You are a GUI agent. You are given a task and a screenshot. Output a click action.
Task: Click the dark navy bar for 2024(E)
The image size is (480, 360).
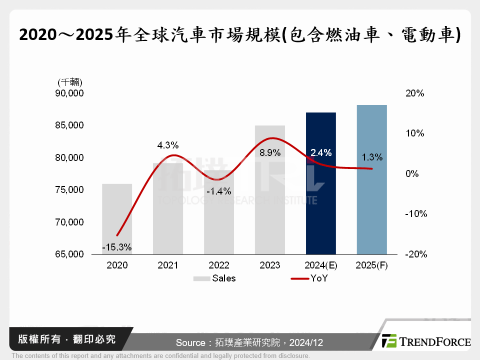[x=320, y=210]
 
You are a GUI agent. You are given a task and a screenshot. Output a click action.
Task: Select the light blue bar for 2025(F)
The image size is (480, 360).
[x=371, y=210]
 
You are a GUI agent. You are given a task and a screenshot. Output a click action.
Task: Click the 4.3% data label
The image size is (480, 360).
[x=167, y=145]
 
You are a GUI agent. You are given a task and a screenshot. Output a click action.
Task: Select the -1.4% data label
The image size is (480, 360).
[x=218, y=191]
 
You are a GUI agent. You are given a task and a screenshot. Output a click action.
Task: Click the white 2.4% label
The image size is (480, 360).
[x=321, y=153]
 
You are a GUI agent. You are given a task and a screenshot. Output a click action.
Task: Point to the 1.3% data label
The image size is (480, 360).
[x=371, y=157]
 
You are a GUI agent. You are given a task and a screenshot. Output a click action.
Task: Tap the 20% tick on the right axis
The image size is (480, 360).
[x=414, y=93]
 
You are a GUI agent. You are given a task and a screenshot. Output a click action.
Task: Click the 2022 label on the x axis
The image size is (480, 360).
[x=218, y=265]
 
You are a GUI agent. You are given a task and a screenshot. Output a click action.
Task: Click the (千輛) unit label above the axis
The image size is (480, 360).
[x=69, y=82]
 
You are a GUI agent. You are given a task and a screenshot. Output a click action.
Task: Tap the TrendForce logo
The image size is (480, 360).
[x=426, y=341]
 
